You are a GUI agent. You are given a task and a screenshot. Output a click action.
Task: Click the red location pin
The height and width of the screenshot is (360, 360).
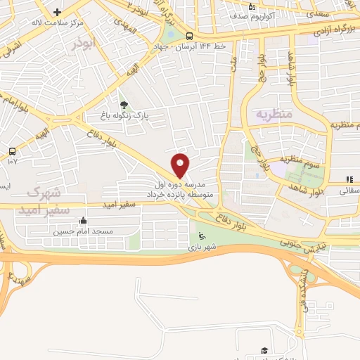(181, 165)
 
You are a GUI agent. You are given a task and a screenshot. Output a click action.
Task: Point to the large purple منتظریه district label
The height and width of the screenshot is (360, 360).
(273, 113)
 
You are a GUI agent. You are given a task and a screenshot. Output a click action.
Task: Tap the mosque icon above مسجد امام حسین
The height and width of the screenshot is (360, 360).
(84, 220)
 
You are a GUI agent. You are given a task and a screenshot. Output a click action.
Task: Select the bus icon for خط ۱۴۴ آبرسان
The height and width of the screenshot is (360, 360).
(189, 37)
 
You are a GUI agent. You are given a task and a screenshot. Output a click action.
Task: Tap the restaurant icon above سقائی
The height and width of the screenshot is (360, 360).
(349, 180)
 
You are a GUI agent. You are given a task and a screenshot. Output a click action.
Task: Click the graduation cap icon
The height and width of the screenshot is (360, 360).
(264, 350)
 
